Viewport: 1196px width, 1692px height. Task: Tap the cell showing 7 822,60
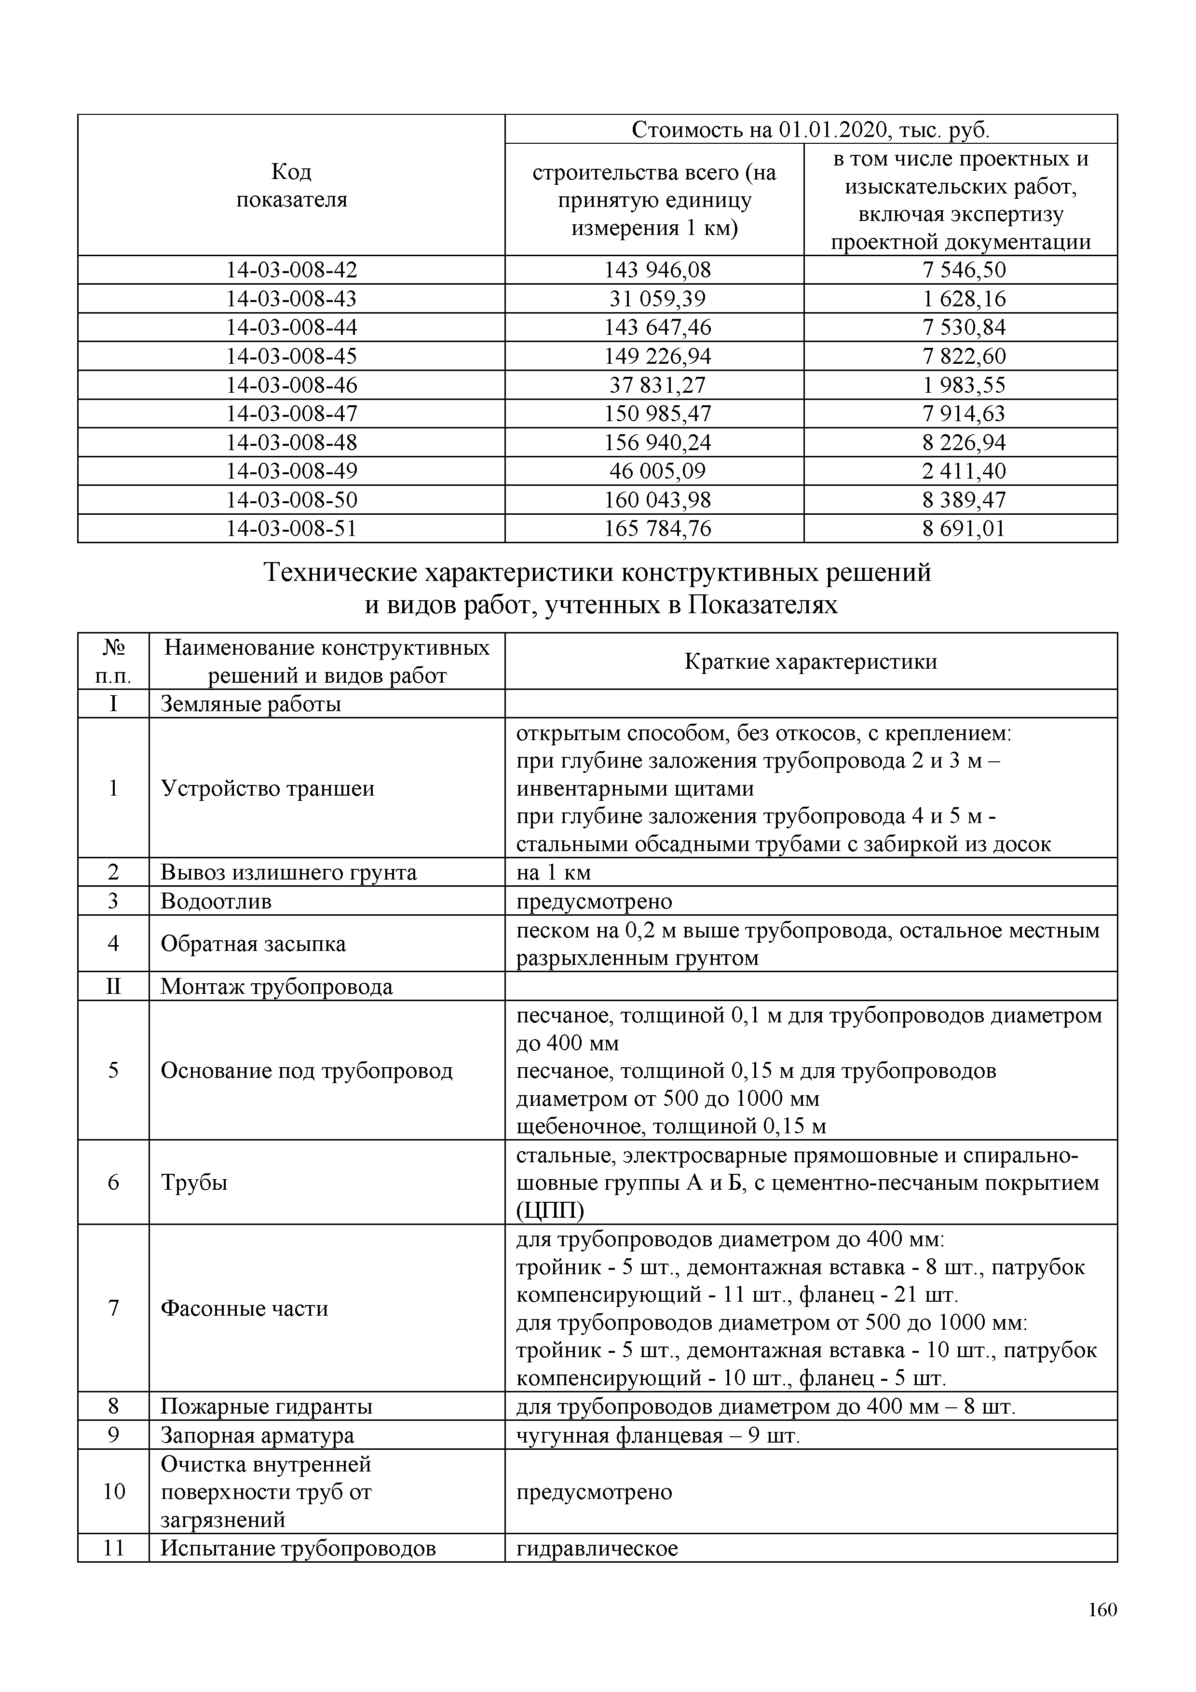(x=963, y=356)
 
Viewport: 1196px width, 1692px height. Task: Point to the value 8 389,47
(x=963, y=500)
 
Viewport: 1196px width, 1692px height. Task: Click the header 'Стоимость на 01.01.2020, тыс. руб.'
(x=811, y=130)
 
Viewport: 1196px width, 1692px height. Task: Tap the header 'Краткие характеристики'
(x=811, y=661)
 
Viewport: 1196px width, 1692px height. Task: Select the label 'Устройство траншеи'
(x=267, y=788)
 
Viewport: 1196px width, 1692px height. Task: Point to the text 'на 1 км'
(x=553, y=872)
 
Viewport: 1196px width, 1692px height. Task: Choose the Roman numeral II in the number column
(x=113, y=986)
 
